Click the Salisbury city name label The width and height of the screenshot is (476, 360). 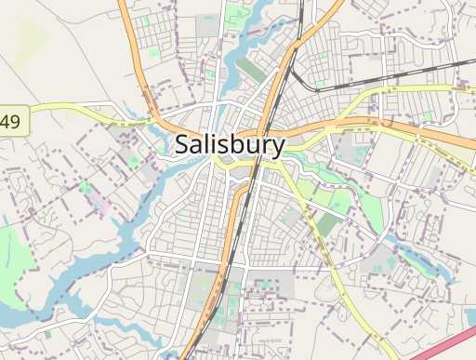pos(230,145)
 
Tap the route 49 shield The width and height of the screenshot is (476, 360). pos(12,121)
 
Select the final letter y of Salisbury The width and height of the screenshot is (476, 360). pos(277,148)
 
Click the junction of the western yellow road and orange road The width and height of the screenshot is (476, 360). pos(160,121)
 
